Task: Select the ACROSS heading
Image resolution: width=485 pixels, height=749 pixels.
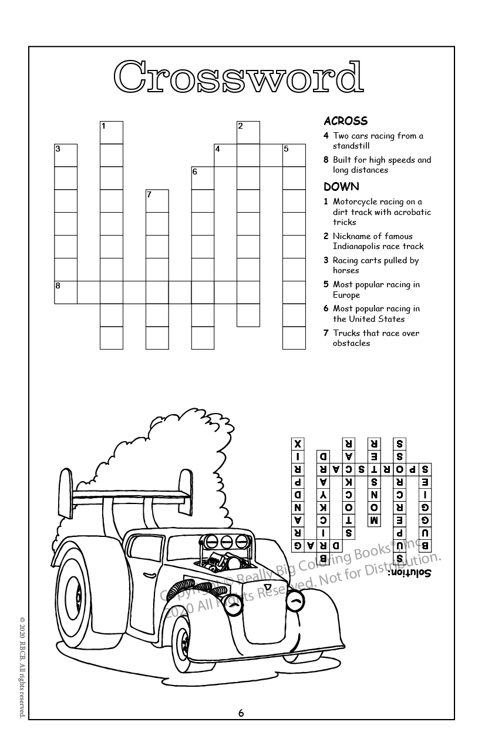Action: click(x=345, y=121)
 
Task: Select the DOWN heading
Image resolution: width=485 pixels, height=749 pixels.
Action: click(x=341, y=187)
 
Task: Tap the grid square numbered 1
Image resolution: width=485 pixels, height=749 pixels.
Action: click(x=112, y=132)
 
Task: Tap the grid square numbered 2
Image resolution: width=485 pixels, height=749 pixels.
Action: click(x=248, y=132)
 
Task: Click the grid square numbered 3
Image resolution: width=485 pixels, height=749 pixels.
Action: click(x=66, y=155)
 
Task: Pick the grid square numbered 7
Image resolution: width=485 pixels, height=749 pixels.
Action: click(x=157, y=201)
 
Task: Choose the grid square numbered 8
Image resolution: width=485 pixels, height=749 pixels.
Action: click(x=66, y=292)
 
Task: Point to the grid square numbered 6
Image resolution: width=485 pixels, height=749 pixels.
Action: click(x=203, y=178)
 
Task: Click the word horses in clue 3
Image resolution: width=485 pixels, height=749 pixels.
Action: click(x=346, y=271)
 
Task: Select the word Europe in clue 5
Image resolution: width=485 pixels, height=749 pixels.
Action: click(x=346, y=295)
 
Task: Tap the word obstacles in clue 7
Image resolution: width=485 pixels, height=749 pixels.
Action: click(x=352, y=343)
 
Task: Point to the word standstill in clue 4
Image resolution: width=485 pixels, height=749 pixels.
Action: click(x=351, y=146)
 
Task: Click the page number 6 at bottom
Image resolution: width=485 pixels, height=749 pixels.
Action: click(x=241, y=713)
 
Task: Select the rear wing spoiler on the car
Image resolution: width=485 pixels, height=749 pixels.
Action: click(x=126, y=494)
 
